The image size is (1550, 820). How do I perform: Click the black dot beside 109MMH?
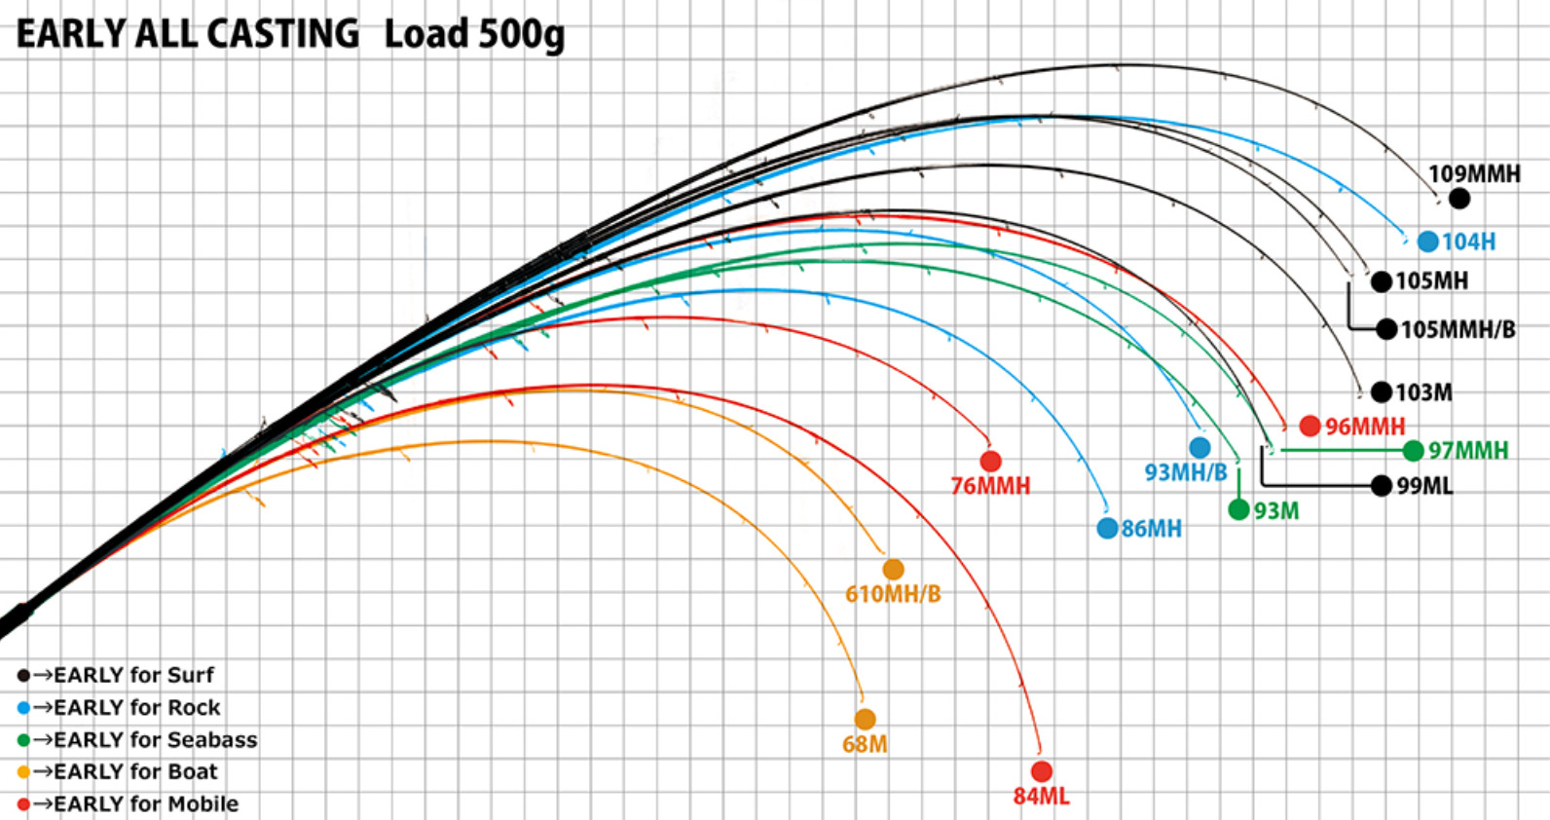point(1459,199)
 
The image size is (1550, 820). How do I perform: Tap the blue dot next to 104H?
point(1427,242)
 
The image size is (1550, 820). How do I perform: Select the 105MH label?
point(1431,280)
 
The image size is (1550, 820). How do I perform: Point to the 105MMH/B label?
point(1458,329)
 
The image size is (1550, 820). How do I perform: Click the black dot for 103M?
point(1382,392)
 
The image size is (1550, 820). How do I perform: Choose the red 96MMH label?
point(1365,427)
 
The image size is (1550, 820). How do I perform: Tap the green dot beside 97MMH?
point(1413,451)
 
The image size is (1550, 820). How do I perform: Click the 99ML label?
point(1424,486)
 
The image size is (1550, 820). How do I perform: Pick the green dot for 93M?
point(1238,510)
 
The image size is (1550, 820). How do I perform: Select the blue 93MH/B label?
point(1185,472)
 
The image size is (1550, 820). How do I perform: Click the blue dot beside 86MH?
point(1107,528)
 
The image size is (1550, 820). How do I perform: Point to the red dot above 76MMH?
point(991,461)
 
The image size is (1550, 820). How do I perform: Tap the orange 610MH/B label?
point(894,594)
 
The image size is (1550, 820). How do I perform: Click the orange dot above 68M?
point(865,720)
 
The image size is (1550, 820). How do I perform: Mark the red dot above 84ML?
point(1042,771)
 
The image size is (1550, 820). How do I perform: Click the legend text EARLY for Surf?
point(133,675)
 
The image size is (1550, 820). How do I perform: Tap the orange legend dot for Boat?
point(23,771)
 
